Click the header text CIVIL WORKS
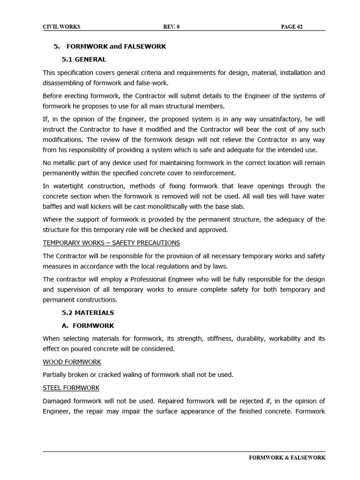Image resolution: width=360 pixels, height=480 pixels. pos(61,27)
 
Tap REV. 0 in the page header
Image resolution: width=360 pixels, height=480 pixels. pos(171,27)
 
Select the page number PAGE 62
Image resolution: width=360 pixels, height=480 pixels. pos(292,27)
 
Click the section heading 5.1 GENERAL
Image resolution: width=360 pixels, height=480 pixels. pos(84,60)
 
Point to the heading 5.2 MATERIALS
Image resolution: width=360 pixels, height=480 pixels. pos(88,313)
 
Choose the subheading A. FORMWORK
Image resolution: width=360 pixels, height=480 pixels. pos(88,326)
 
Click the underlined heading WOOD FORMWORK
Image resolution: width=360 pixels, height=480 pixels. pos(72,362)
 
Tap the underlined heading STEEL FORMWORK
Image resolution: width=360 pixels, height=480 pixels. pos(71,388)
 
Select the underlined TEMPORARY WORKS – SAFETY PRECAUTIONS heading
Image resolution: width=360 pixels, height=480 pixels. pos(111,243)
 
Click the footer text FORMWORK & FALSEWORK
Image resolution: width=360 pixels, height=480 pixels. pos(287,457)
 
